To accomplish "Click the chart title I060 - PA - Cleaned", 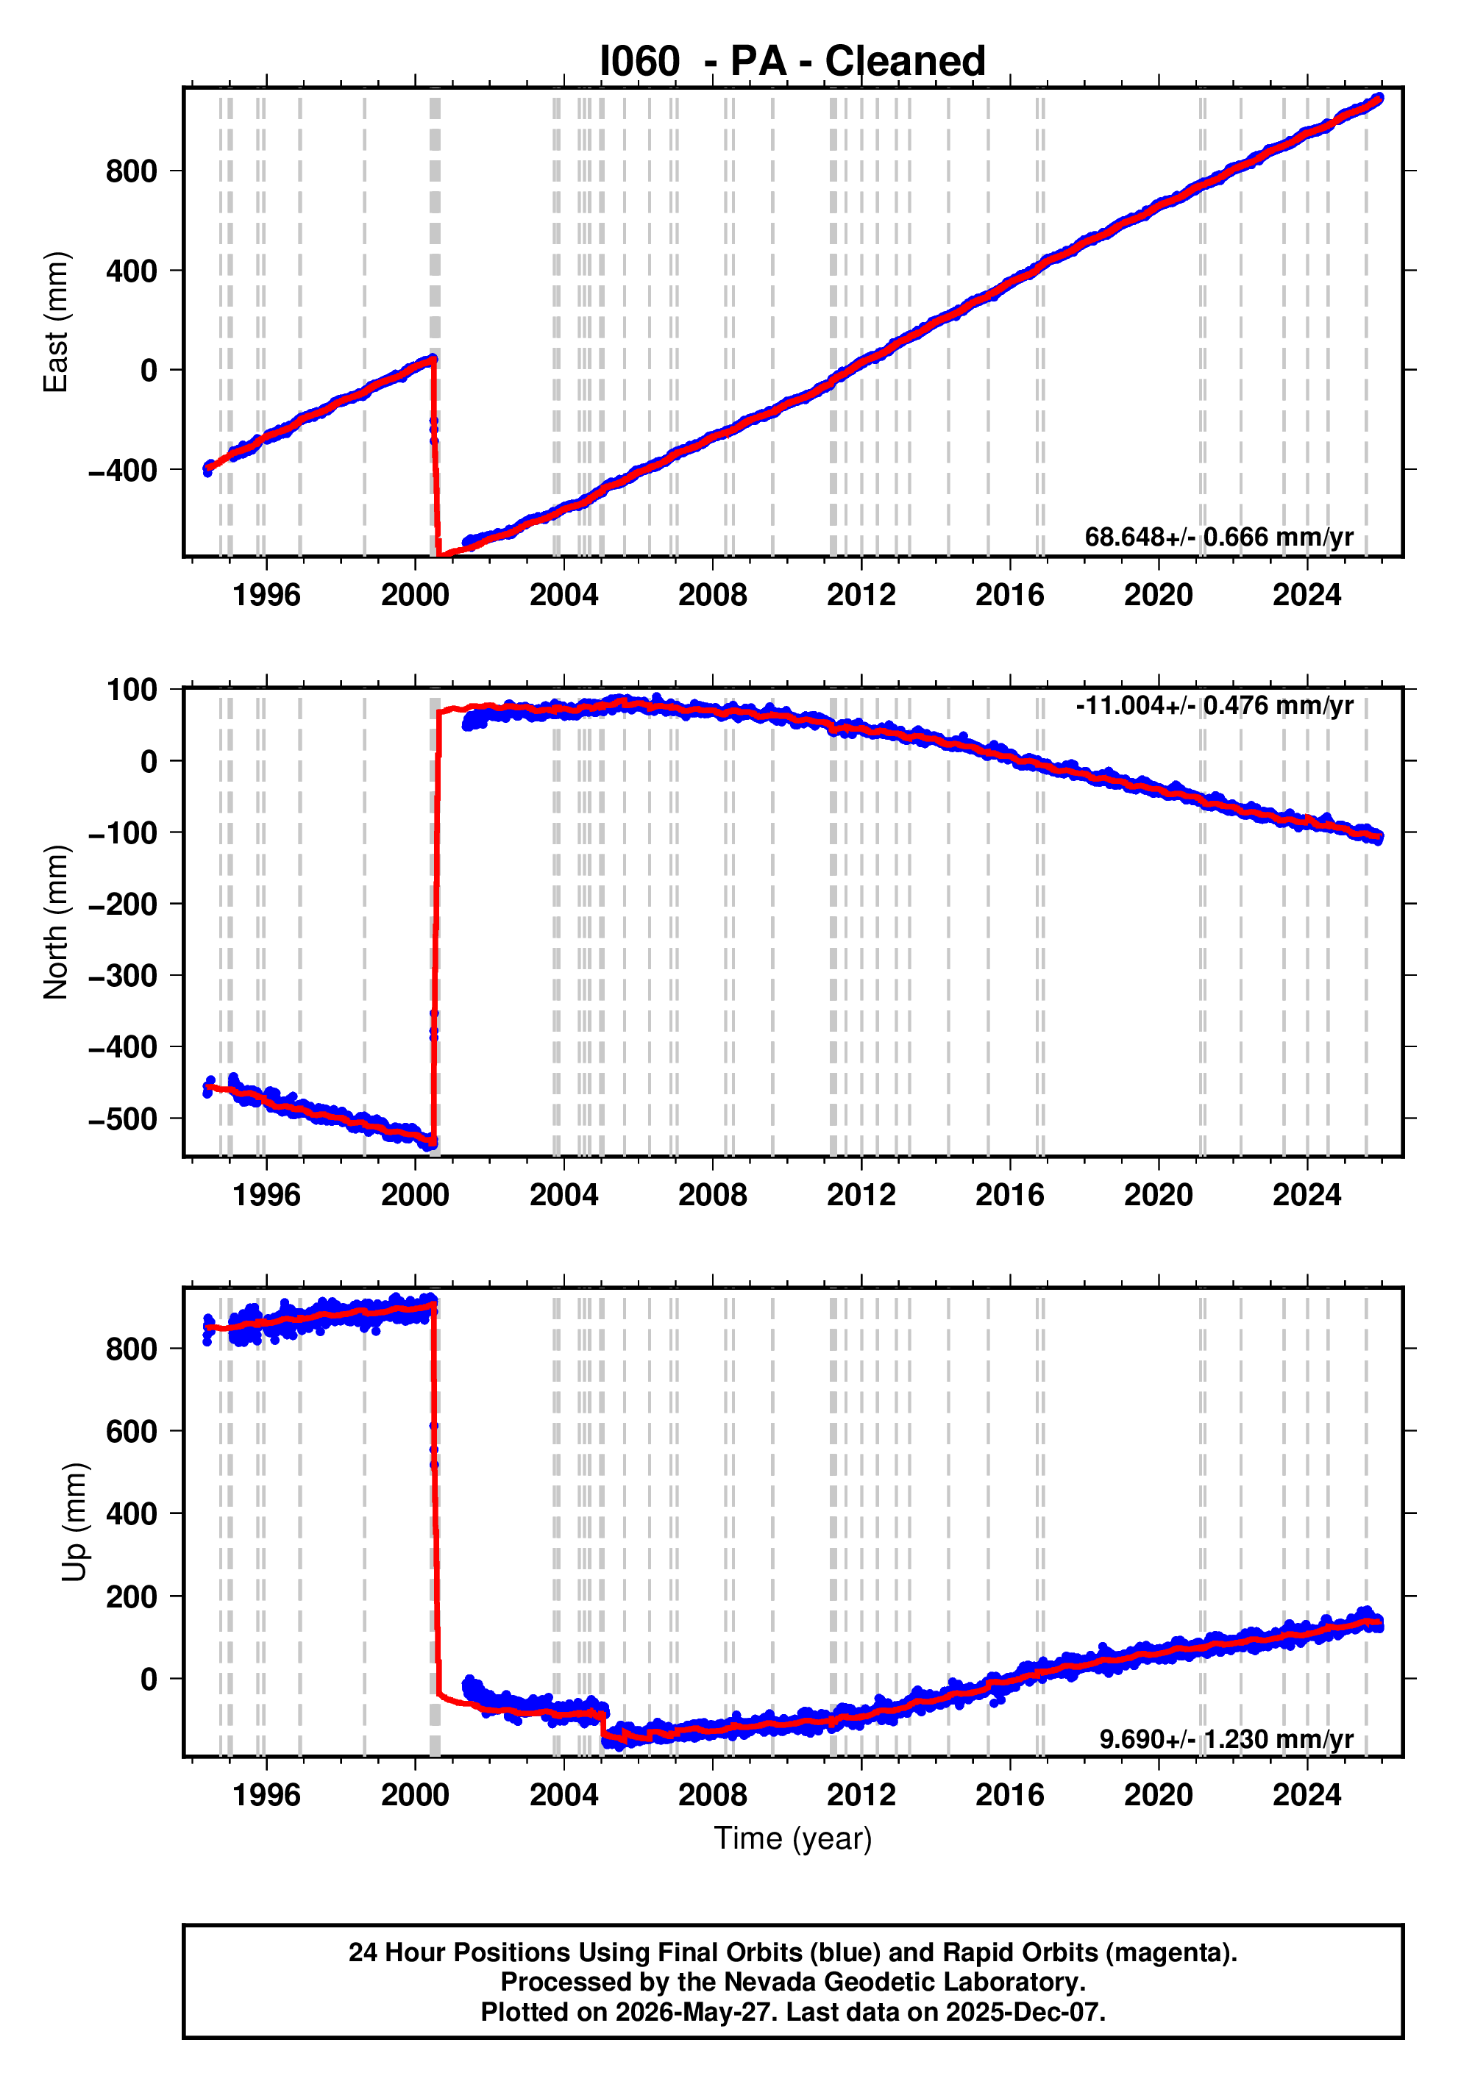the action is pos(792,61).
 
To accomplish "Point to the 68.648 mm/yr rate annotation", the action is pos(1218,538).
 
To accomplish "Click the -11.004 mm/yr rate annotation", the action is pos(1214,705).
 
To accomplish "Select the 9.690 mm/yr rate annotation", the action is pos(1226,1739).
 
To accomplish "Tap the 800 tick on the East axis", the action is pos(131,171).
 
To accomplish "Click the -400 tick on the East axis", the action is pos(123,470).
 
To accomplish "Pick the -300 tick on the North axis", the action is pos(123,976).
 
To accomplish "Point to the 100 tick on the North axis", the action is pos(132,689).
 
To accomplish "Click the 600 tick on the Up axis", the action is pos(131,1432).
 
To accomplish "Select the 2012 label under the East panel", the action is pos(861,596).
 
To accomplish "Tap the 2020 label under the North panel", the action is pos(1159,1196).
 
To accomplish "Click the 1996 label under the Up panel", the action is pos(266,1795).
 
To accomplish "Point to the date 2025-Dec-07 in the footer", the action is pos(1023,2012).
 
